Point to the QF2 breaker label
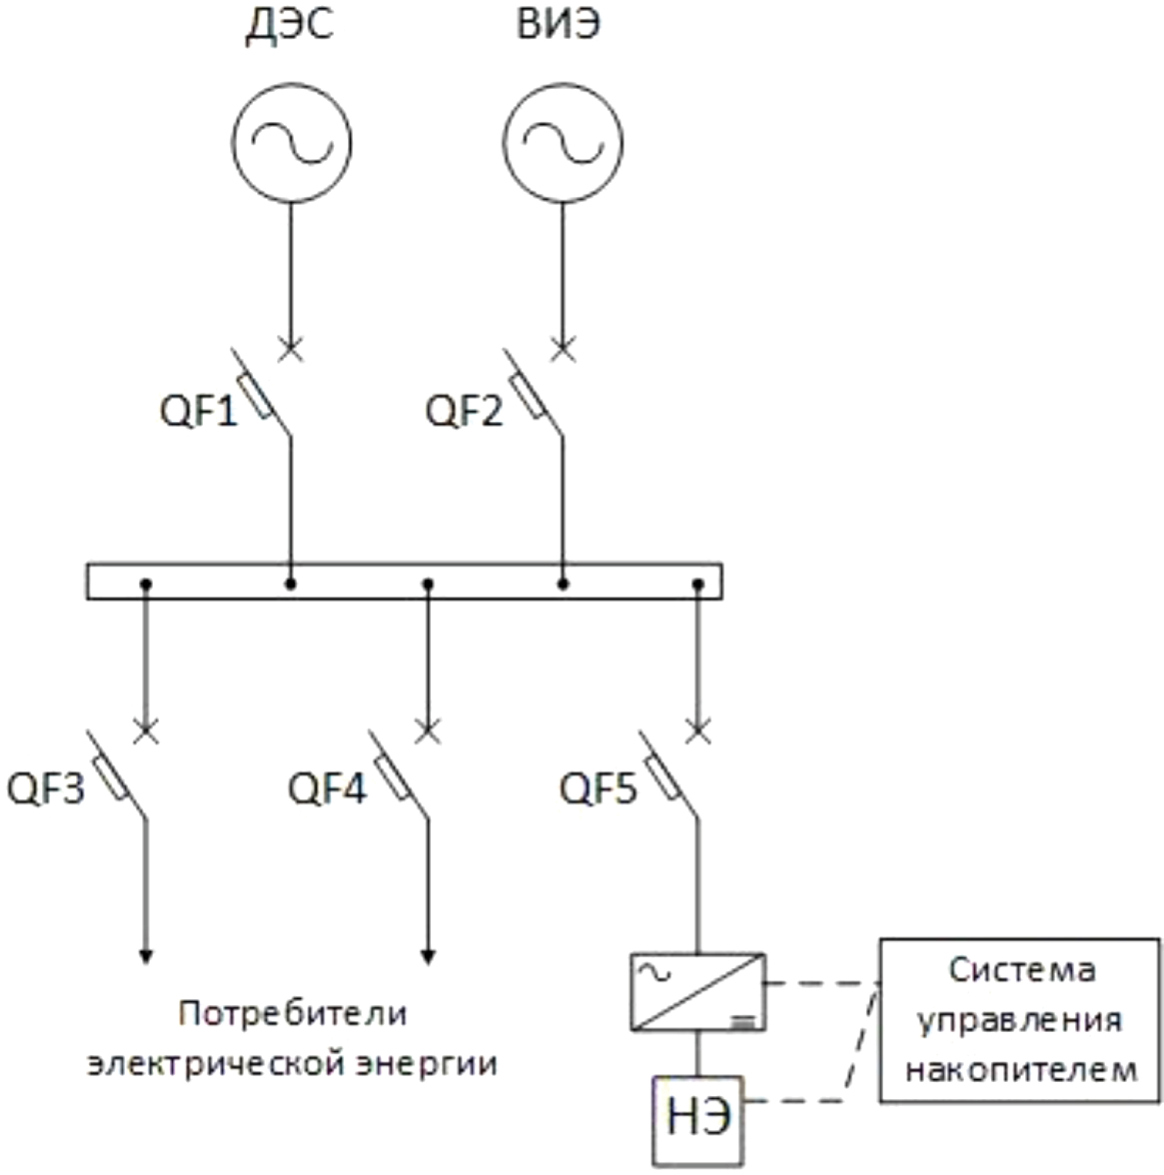464,411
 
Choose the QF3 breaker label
46,789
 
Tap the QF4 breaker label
327,789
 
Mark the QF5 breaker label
598,789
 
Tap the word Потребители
292,1014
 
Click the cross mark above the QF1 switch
291,349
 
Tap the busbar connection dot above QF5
698,584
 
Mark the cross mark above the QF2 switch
563,349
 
